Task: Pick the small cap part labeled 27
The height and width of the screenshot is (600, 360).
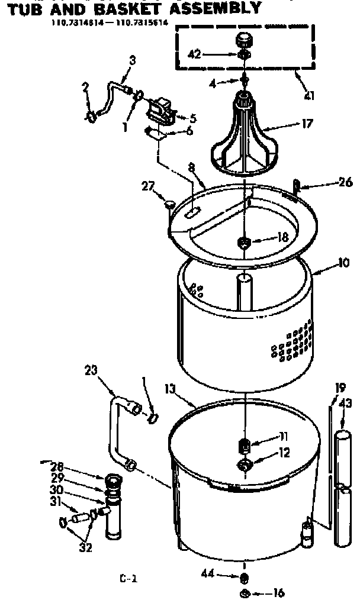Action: click(x=170, y=205)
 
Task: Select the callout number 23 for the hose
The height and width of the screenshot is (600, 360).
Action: click(x=91, y=372)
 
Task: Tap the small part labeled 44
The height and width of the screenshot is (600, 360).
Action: click(x=245, y=578)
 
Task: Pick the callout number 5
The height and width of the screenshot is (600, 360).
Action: click(x=192, y=118)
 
